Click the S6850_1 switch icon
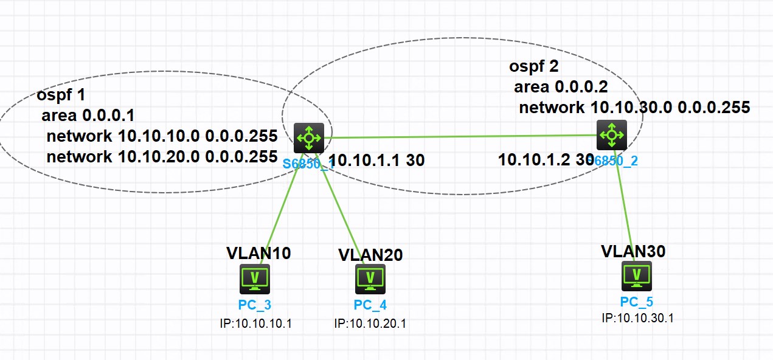pyautogui.click(x=309, y=138)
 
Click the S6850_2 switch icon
pyautogui.click(x=611, y=134)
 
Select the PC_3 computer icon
pyautogui.click(x=255, y=279)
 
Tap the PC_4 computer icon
pyautogui.click(x=370, y=279)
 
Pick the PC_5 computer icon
pyautogui.click(x=636, y=276)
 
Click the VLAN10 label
pyautogui.click(x=258, y=253)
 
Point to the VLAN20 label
pyautogui.click(x=370, y=255)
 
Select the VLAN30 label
pyautogui.click(x=633, y=251)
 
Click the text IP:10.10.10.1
pyautogui.click(x=256, y=323)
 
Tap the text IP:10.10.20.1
pyautogui.click(x=370, y=323)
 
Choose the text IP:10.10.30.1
pyautogui.click(x=637, y=318)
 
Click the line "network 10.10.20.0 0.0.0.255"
pyautogui.click(x=162, y=156)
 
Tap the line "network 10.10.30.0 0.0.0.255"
pyautogui.click(x=634, y=108)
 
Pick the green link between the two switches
pyautogui.click(x=462, y=136)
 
